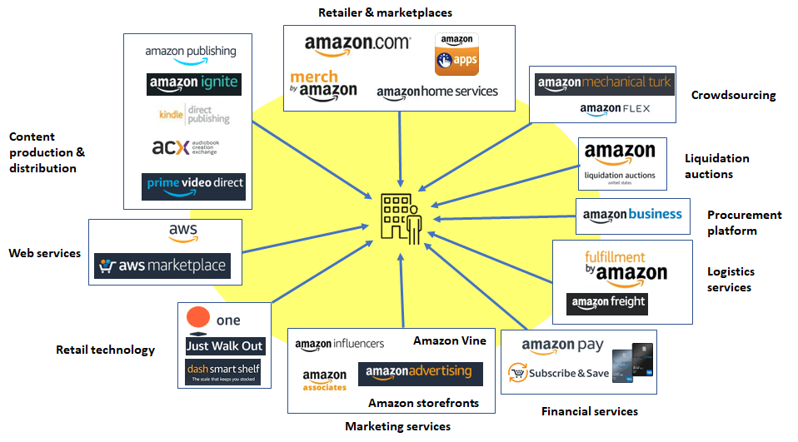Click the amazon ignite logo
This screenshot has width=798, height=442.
click(x=193, y=83)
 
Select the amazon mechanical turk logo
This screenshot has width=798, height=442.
click(x=604, y=83)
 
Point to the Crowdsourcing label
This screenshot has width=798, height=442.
click(x=733, y=95)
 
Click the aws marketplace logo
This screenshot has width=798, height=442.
click(x=162, y=266)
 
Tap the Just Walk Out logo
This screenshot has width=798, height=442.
click(x=224, y=346)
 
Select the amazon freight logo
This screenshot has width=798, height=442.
click(x=606, y=303)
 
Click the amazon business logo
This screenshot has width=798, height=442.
click(x=632, y=215)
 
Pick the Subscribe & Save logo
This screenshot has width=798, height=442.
click(x=559, y=373)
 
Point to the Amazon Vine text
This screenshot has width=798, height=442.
click(x=449, y=340)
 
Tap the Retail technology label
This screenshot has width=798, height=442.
click(x=105, y=350)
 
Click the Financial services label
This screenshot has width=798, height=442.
click(x=590, y=411)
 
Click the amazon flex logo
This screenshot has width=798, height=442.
click(x=615, y=108)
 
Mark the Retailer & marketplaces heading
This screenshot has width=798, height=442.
click(x=386, y=12)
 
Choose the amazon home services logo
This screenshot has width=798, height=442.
click(x=437, y=92)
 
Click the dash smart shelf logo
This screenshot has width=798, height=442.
click(x=223, y=371)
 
